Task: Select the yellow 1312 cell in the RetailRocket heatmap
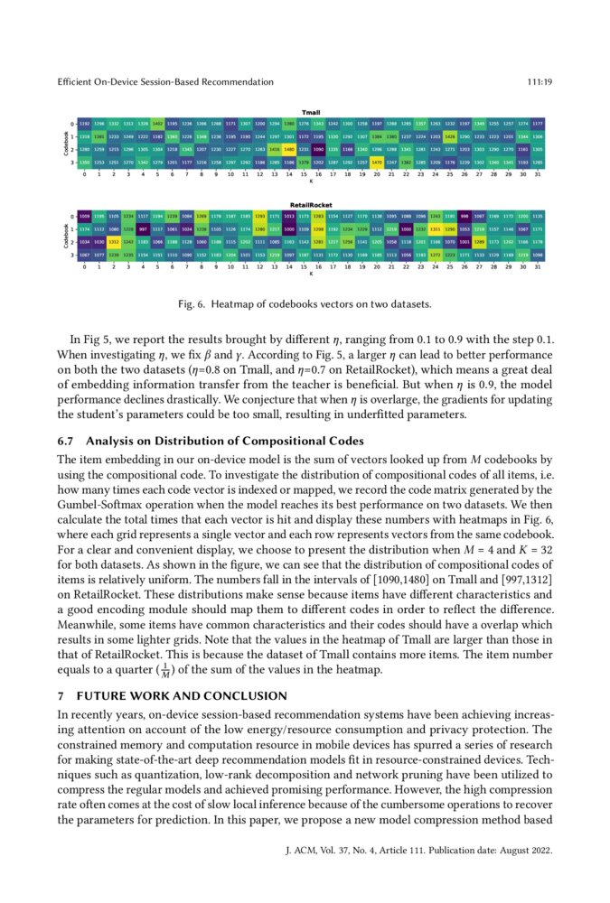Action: tap(114, 242)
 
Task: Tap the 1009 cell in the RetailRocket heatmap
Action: tap(85, 217)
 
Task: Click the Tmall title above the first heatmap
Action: tap(311, 112)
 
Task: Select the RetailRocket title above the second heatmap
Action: tap(311, 206)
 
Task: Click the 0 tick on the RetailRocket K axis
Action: tap(85, 267)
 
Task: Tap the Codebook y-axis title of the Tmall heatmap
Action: tap(66, 142)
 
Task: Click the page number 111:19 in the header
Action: tap(539, 82)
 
